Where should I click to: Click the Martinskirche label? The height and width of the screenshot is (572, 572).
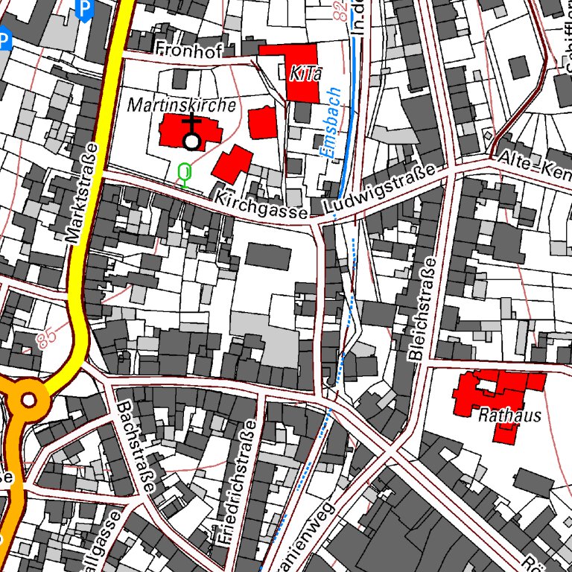coord(182,106)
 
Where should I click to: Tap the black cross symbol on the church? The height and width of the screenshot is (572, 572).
coord(192,123)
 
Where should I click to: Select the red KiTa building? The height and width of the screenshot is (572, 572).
coord(297,71)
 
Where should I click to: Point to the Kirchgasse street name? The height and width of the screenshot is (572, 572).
coord(261,206)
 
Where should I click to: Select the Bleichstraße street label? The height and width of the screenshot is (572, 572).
coord(423,310)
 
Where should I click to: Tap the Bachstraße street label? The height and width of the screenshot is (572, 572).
coord(136,447)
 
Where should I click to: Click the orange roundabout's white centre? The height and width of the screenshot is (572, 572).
coord(28,401)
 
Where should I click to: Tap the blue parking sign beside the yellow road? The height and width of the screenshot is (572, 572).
coord(86,9)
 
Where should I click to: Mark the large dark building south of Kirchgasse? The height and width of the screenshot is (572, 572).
coord(268,256)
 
